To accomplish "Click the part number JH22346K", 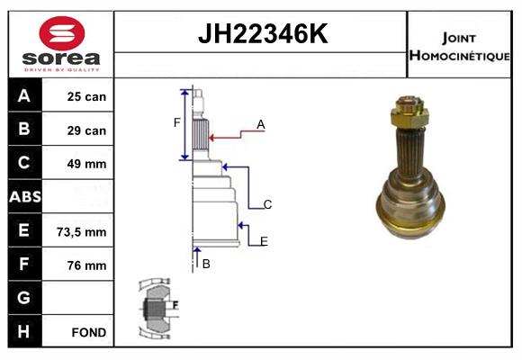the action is pyautogui.click(x=263, y=33).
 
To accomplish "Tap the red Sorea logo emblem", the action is pyautogui.click(x=62, y=33).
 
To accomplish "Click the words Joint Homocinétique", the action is pyautogui.click(x=459, y=47).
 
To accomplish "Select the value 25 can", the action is pyautogui.click(x=86, y=96).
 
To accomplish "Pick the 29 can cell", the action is pyautogui.click(x=86, y=130).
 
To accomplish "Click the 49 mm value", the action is pyautogui.click(x=86, y=164).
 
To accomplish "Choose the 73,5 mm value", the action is pyautogui.click(x=82, y=232).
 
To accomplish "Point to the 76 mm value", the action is pyautogui.click(x=86, y=265).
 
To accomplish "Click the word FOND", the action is pyautogui.click(x=89, y=332).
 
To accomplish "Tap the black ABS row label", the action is pyautogui.click(x=25, y=196).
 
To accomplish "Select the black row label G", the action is pyautogui.click(x=25, y=297).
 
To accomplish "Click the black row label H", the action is pyautogui.click(x=25, y=331).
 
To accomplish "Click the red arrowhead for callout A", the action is pyautogui.click(x=211, y=138).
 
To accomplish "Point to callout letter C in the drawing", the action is pyautogui.click(x=267, y=204).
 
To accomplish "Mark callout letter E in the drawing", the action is pyautogui.click(x=264, y=241).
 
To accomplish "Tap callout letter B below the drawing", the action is pyautogui.click(x=206, y=264).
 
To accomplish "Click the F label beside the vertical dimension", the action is pyautogui.click(x=176, y=122).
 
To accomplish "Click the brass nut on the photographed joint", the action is pyautogui.click(x=409, y=112).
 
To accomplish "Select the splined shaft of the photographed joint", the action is pyautogui.click(x=410, y=151).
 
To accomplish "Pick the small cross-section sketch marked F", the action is pyautogui.click(x=157, y=309).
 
